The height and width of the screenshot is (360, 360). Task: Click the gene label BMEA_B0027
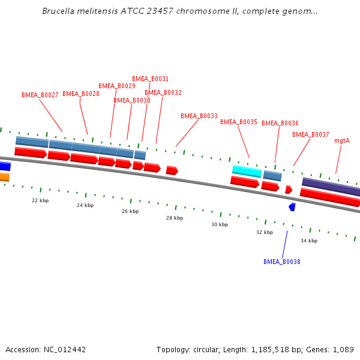click(40, 95)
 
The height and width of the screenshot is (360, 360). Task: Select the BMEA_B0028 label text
click(81, 94)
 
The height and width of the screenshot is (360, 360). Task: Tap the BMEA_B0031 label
click(150, 79)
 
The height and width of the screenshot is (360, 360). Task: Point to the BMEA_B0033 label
click(199, 116)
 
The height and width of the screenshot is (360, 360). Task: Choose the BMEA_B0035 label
click(239, 122)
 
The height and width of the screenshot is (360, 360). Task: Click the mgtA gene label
click(342, 140)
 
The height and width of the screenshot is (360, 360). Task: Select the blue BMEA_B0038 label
click(282, 262)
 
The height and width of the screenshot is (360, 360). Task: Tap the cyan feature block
click(247, 171)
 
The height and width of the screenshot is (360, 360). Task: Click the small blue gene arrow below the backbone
click(292, 206)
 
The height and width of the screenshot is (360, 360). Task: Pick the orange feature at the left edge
click(4, 177)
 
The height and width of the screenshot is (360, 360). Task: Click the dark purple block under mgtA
click(331, 187)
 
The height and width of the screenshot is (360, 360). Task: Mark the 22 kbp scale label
click(40, 200)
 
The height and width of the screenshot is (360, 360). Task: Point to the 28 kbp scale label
click(175, 218)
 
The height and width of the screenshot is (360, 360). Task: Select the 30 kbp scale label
click(220, 224)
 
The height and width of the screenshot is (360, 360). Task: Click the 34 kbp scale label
click(309, 241)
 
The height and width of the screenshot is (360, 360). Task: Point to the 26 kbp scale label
click(130, 211)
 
